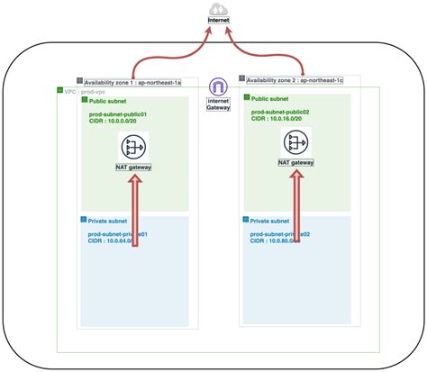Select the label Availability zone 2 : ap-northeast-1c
point(295,80)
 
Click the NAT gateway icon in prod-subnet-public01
point(133,146)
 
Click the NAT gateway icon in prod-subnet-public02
point(296,142)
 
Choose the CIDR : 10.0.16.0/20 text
point(281,120)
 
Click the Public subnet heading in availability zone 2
point(270,99)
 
